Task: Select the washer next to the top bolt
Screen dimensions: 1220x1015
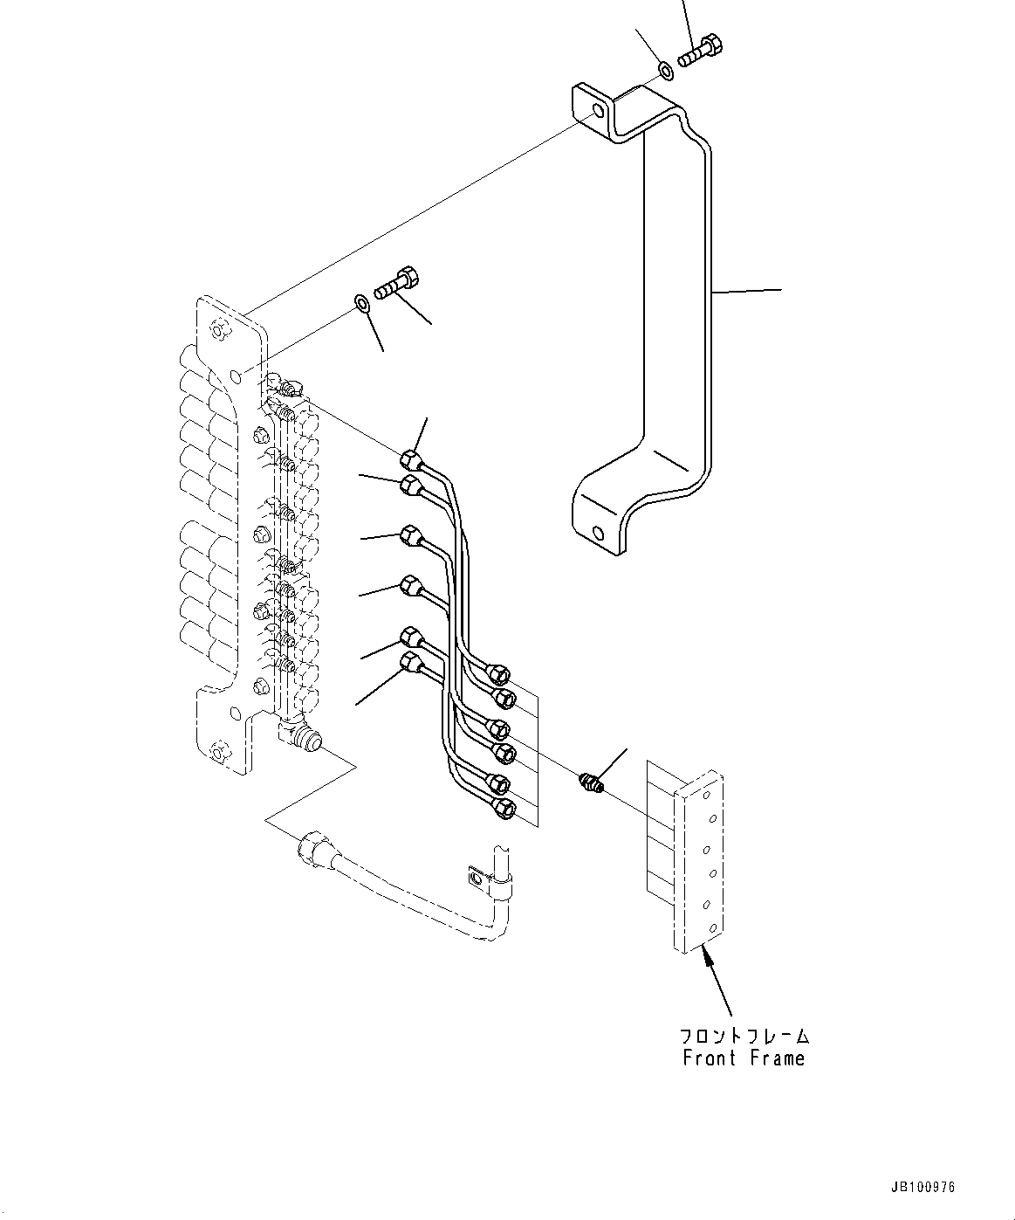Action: pos(665,69)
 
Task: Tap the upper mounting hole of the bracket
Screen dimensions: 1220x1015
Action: pos(597,113)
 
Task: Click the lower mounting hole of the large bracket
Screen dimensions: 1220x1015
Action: pos(597,532)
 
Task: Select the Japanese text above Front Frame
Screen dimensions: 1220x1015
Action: pos(744,1036)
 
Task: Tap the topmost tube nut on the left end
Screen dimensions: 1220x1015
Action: pos(410,458)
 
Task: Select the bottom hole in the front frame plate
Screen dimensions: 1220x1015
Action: pos(714,927)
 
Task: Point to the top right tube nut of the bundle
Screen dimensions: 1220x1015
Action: pos(499,673)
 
